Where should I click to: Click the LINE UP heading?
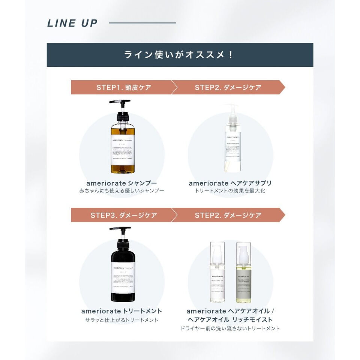[x=72, y=23]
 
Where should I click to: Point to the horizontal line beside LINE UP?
[x=142, y=23]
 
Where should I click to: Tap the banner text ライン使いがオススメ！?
[x=180, y=55]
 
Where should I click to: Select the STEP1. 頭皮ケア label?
[x=124, y=87]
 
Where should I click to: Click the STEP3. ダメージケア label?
[x=124, y=216]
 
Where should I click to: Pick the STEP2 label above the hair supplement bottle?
[x=228, y=87]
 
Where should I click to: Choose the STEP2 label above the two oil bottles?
[x=228, y=216]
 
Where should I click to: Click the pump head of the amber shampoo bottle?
[x=120, y=102]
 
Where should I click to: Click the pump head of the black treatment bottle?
[x=120, y=229]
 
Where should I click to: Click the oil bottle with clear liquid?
[x=217, y=274]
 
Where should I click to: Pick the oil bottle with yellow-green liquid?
[x=243, y=274]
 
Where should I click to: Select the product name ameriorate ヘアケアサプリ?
[x=230, y=183]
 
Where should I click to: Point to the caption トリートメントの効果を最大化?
[x=230, y=191]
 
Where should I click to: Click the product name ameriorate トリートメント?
[x=121, y=311]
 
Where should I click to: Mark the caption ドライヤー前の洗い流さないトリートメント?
[x=230, y=328]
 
